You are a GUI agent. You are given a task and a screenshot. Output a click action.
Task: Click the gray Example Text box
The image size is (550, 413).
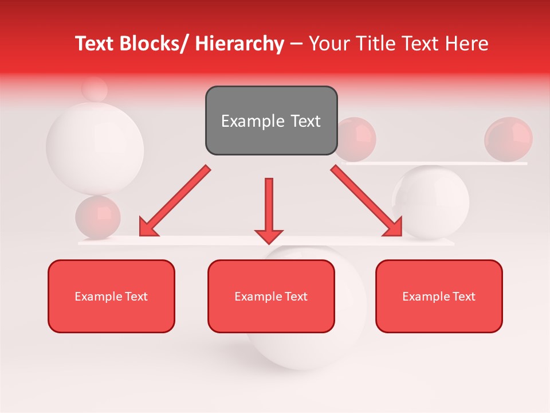click(x=271, y=120)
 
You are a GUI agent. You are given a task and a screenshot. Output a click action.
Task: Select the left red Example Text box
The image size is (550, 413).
click(x=111, y=296)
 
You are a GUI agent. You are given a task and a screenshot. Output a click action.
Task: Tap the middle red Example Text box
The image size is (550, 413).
click(x=271, y=296)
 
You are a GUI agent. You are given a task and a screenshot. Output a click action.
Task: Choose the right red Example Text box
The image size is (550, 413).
click(x=439, y=296)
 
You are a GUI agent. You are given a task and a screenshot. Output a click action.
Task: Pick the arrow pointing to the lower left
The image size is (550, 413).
click(x=175, y=202)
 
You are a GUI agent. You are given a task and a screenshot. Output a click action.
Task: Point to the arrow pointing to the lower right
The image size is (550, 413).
click(x=367, y=202)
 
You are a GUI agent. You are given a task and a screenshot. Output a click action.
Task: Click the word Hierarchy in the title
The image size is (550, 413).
click(x=239, y=44)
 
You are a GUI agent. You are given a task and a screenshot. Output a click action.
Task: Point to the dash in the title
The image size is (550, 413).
click(x=296, y=44)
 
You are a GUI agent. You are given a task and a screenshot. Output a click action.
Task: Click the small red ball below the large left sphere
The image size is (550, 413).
click(x=98, y=217)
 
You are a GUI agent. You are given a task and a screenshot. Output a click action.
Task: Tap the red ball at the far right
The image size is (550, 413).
click(x=508, y=139)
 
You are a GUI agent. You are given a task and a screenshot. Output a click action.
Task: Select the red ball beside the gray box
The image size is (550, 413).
click(x=356, y=139)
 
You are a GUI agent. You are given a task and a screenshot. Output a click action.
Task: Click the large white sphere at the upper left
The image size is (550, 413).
click(x=95, y=148)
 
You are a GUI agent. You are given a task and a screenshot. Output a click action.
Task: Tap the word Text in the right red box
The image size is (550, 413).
click(x=463, y=296)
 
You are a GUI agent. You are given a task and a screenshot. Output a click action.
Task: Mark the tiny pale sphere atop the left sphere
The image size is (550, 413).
click(x=95, y=90)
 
